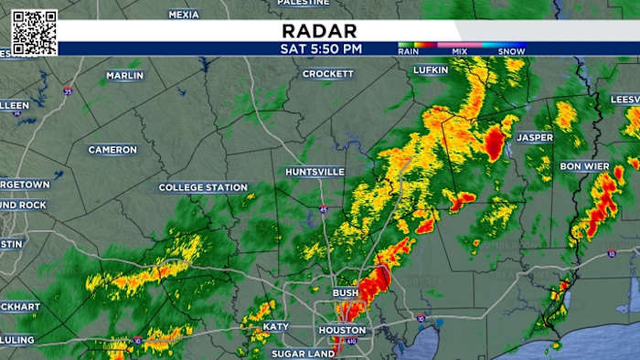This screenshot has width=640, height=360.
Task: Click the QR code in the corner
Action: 35,32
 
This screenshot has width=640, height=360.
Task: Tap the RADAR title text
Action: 320,30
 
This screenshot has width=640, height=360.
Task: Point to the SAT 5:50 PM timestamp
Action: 320,48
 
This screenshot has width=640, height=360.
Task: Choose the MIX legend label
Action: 460,52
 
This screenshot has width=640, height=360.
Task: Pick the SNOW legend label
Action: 510,52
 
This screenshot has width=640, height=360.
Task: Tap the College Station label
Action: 203,187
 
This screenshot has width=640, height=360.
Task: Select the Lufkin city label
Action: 431,70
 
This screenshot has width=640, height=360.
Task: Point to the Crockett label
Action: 327,73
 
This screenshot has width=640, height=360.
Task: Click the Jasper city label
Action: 535,137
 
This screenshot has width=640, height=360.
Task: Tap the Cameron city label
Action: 112,149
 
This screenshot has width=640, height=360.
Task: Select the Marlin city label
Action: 124,75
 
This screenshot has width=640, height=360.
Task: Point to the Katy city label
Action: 275,326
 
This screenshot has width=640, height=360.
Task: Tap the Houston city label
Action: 342,330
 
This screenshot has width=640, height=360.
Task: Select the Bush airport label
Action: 346,292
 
